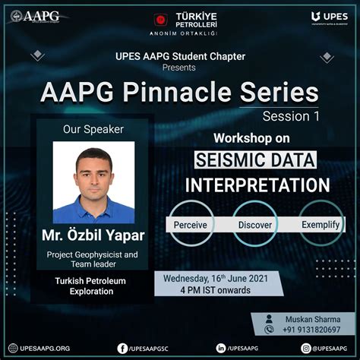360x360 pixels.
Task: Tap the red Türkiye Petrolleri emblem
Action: tap(160, 18)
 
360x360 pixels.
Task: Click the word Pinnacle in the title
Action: tap(187, 93)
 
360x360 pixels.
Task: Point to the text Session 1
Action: tap(291, 116)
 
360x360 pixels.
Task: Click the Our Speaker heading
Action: tap(93, 129)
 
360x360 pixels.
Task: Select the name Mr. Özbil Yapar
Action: tap(93, 235)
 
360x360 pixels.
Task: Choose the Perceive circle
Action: tap(190, 225)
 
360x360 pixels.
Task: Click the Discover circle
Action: tap(255, 225)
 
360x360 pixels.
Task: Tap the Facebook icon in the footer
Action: tap(122, 348)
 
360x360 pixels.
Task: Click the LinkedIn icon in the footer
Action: tap(220, 348)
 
